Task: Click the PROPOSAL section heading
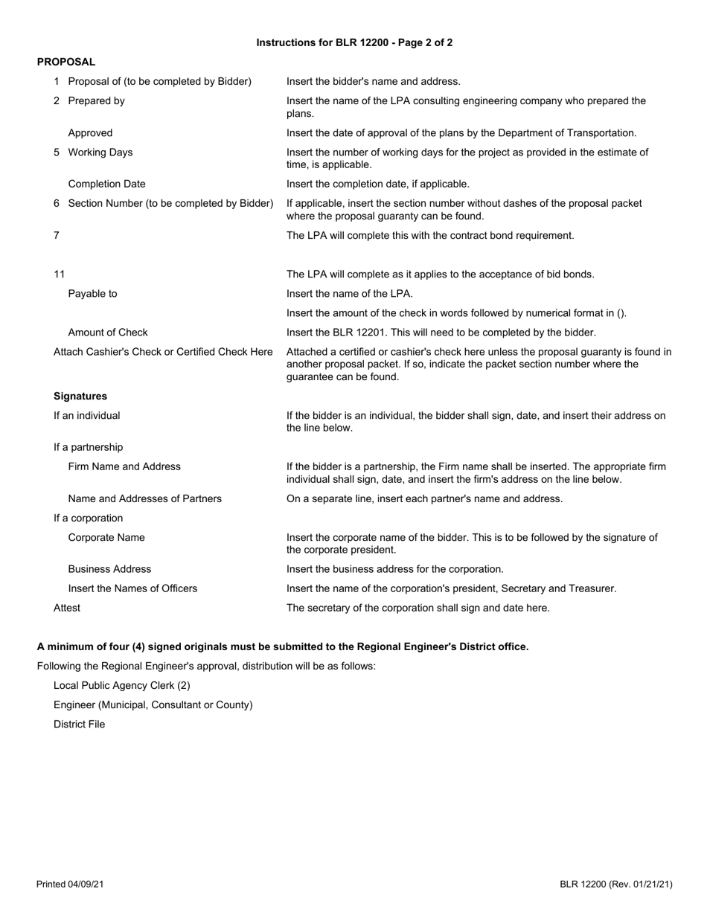click(x=66, y=62)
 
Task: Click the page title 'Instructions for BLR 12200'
click(x=353, y=42)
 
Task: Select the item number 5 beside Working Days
click(x=57, y=152)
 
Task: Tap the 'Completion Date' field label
click(x=106, y=183)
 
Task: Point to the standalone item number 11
click(x=60, y=274)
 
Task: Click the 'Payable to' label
click(x=92, y=293)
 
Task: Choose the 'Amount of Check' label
click(x=108, y=332)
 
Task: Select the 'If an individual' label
click(x=86, y=415)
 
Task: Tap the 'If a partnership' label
click(x=88, y=447)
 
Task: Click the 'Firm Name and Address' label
click(x=124, y=466)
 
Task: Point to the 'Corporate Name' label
click(x=106, y=537)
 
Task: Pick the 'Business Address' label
click(x=109, y=569)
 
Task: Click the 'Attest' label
click(x=67, y=608)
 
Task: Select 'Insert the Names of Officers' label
click(x=132, y=588)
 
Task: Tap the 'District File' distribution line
click(x=80, y=724)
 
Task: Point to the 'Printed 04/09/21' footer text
click(x=70, y=884)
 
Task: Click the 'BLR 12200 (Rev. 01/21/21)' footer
click(x=616, y=884)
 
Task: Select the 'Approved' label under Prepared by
click(x=90, y=133)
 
